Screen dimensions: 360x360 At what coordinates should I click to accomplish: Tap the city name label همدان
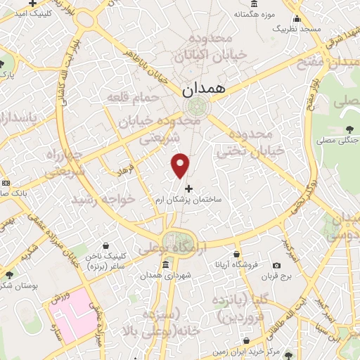point(202,89)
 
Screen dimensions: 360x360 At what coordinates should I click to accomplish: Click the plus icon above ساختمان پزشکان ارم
point(188,188)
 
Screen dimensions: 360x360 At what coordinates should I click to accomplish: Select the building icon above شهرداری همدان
point(165,264)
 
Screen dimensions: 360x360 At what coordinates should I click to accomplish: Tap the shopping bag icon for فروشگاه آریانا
point(237,254)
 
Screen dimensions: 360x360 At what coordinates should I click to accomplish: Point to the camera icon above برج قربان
point(276,265)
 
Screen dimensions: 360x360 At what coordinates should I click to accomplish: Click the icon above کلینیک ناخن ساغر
point(105,246)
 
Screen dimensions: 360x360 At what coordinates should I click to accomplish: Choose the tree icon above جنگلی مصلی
point(349,128)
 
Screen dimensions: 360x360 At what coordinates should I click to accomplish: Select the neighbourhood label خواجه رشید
point(102,200)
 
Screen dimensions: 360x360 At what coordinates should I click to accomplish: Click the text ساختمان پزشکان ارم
point(188,200)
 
